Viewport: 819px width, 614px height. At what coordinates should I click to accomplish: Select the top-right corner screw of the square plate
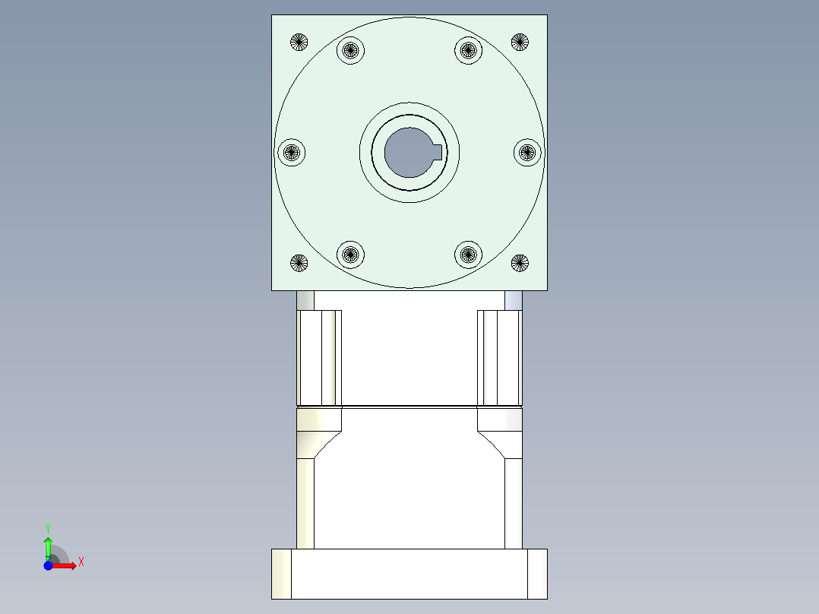tap(520, 42)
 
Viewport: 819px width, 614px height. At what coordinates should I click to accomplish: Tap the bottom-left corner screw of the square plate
tap(299, 264)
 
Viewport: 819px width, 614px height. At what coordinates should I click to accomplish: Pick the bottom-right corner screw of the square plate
tap(520, 264)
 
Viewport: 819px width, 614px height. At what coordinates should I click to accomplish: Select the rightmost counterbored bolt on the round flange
tap(527, 153)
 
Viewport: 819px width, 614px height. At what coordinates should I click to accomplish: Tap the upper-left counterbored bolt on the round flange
tap(350, 51)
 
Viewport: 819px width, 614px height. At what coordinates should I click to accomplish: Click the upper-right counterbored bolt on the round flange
tap(468, 51)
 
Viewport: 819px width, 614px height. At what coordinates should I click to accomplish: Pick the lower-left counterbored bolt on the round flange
tap(350, 254)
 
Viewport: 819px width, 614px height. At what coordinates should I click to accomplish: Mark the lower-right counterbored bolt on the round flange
tap(468, 254)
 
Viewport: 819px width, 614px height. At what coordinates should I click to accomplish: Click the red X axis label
tap(81, 562)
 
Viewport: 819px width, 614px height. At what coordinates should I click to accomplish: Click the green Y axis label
tap(47, 527)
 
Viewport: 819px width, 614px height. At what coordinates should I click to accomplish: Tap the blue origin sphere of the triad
tap(48, 565)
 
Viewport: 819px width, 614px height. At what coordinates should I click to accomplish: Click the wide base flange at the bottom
tap(409, 574)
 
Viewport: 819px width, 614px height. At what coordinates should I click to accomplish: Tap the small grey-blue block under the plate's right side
tap(514, 300)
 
